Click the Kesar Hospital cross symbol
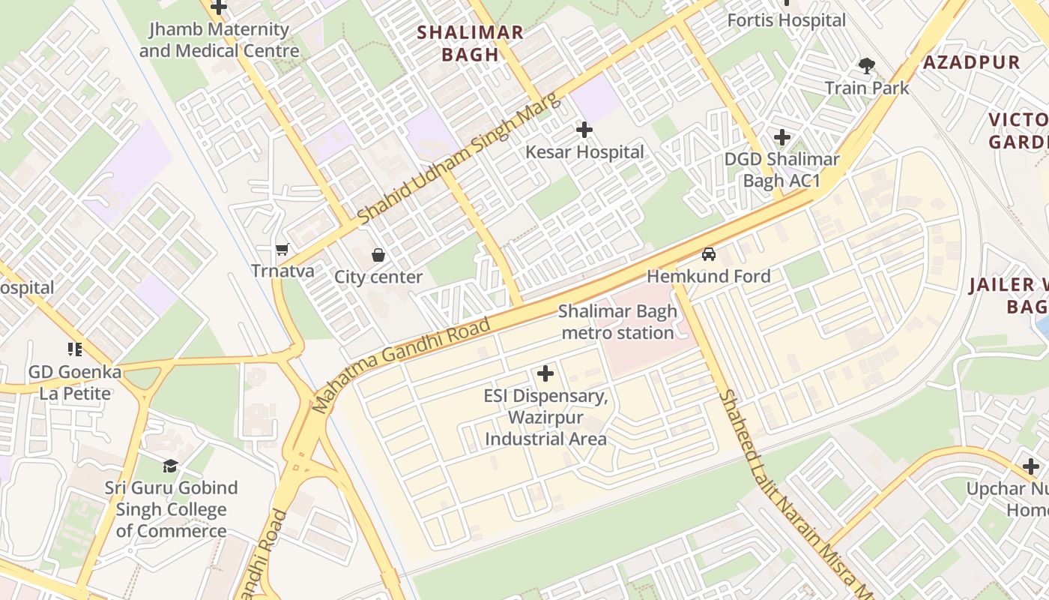click(584, 130)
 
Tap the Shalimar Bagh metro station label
click(617, 322)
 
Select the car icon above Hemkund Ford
click(709, 254)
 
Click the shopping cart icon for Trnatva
click(282, 249)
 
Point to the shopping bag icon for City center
click(378, 255)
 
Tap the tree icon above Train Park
click(867, 66)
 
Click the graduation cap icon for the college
click(171, 466)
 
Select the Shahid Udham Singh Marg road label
click(459, 159)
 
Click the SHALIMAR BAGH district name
click(470, 43)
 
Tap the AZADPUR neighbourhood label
click(971, 62)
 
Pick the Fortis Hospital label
click(786, 20)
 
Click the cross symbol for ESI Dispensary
click(545, 373)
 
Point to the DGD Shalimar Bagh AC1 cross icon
click(782, 137)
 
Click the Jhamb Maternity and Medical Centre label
click(219, 40)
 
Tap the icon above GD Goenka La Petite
click(75, 349)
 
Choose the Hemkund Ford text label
click(708, 276)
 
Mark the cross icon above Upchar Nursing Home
click(1031, 466)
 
